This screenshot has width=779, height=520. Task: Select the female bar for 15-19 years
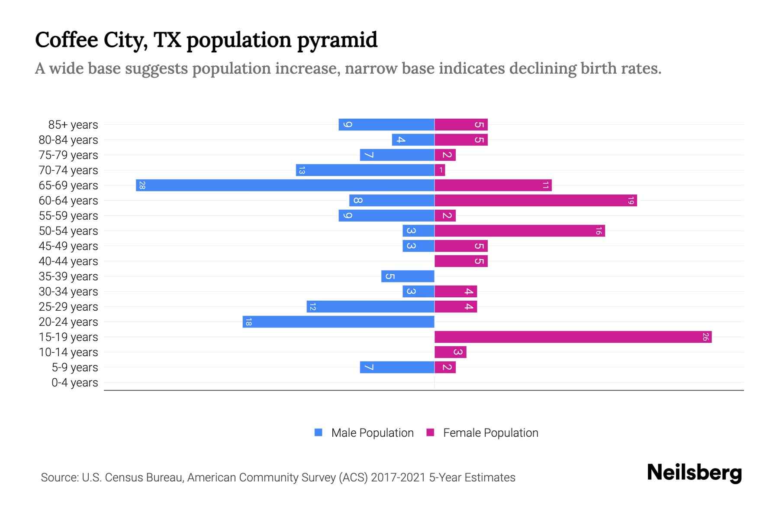[573, 337]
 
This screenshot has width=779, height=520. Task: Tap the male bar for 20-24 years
[338, 322]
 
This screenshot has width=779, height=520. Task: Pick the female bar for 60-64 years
[535, 201]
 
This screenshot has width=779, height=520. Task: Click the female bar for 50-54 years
[519, 231]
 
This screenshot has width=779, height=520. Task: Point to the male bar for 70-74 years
[365, 170]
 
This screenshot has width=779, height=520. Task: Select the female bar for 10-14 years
[450, 352]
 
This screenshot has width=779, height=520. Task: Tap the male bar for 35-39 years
[408, 276]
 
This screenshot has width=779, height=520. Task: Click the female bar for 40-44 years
[461, 261]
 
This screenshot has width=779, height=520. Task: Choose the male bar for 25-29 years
[370, 307]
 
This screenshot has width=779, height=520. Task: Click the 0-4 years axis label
[74, 383]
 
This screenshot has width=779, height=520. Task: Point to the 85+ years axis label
[73, 125]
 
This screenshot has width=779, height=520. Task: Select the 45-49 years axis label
[68, 246]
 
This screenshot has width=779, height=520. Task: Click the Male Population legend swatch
[319, 432]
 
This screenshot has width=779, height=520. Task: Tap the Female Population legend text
[490, 433]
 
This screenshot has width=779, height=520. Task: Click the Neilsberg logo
[694, 473]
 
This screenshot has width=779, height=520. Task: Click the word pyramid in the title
[337, 40]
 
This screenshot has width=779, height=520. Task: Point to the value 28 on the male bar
[142, 185]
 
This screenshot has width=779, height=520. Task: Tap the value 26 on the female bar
[705, 337]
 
